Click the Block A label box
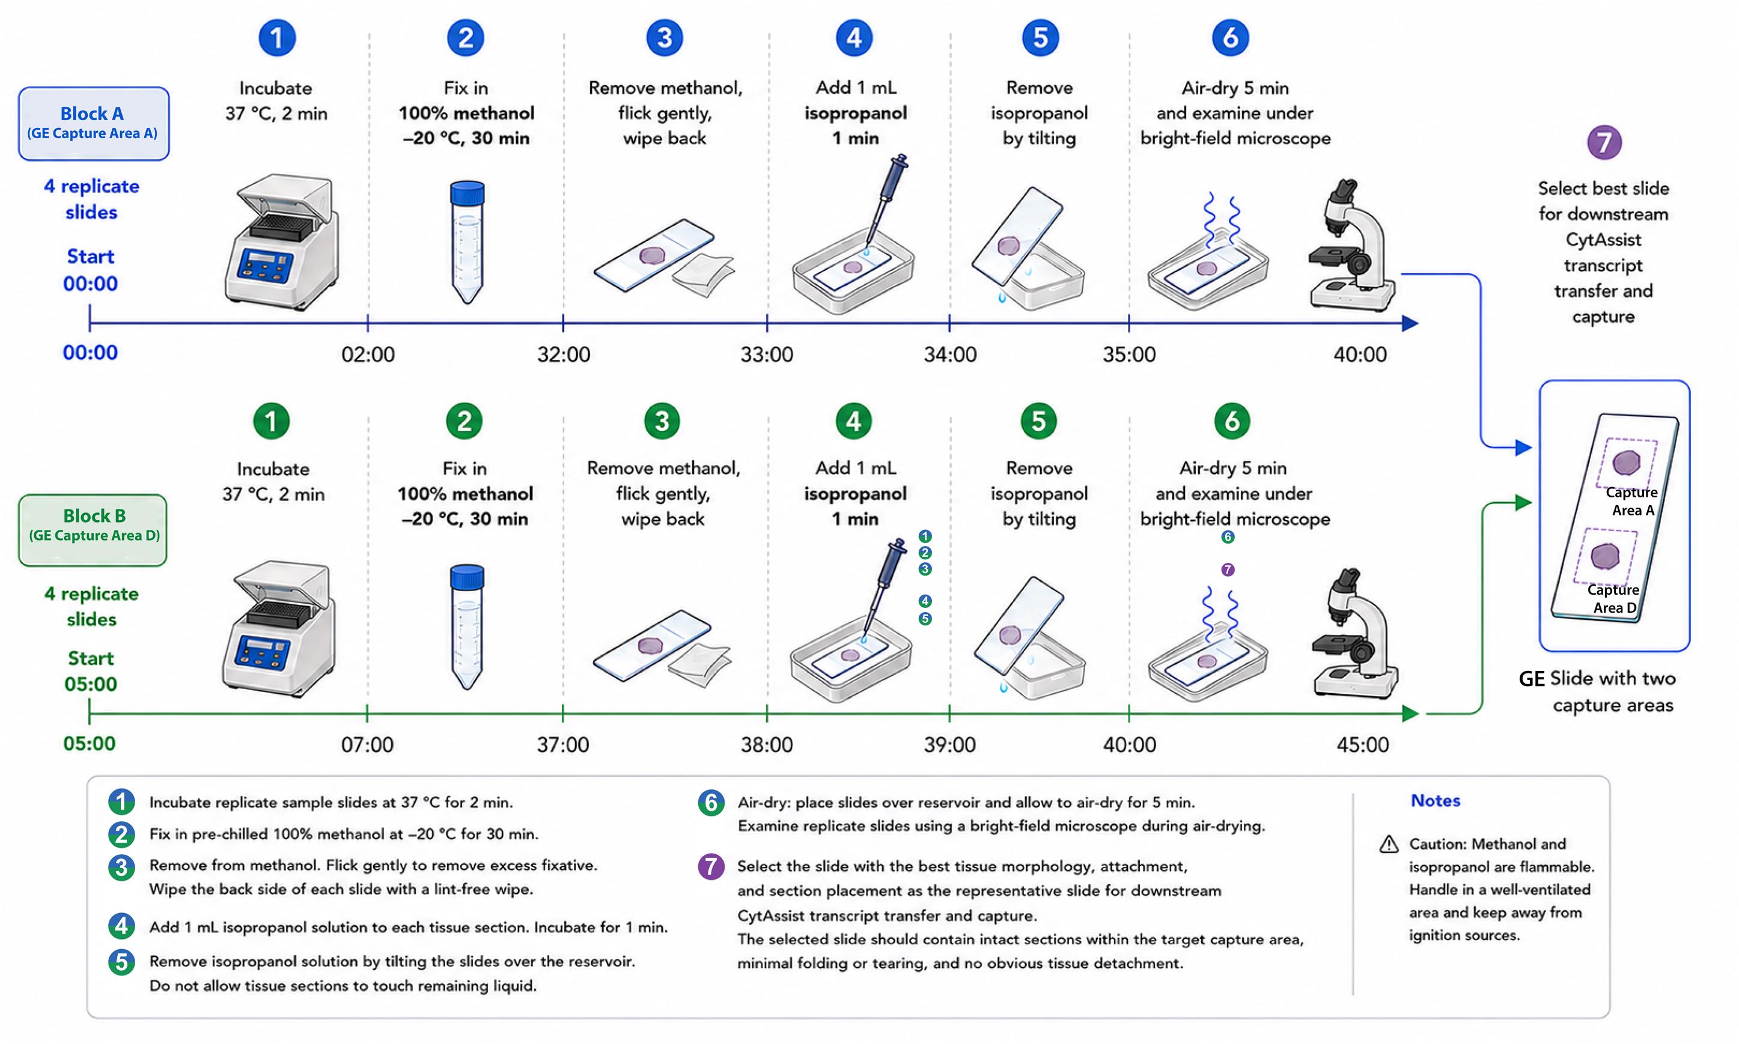tap(94, 124)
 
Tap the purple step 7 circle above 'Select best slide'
tap(1604, 143)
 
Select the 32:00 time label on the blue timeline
tap(564, 354)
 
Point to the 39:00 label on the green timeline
tap(949, 744)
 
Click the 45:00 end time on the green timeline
tap(1362, 744)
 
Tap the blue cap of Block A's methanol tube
tap(467, 192)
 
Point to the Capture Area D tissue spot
tap(1605, 556)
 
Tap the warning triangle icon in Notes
tap(1389, 844)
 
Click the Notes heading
tap(1435, 801)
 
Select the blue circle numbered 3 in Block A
tap(665, 38)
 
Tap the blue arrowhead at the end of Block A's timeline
tap(1410, 324)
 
